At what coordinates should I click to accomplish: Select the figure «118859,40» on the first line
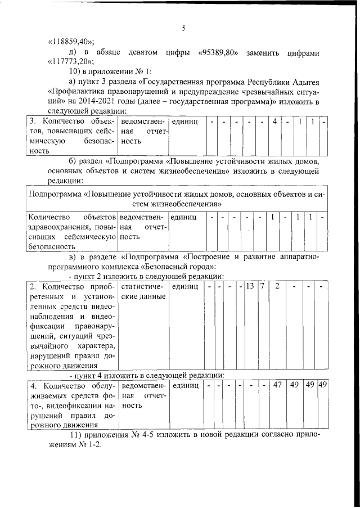point(70,42)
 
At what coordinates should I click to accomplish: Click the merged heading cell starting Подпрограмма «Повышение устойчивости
point(179,199)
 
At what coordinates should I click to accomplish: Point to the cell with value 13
point(250,286)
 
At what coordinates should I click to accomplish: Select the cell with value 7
point(262,286)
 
